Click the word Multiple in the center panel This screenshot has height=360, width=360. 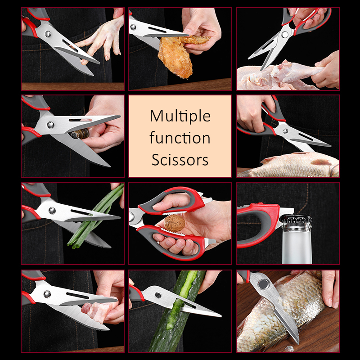[x=180, y=117]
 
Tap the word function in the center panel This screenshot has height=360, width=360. [x=180, y=138]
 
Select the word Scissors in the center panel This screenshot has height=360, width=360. [x=180, y=160]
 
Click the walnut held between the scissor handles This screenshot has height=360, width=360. [x=175, y=223]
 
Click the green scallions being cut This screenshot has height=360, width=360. [x=96, y=218]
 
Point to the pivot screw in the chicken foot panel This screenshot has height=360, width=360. [x=48, y=34]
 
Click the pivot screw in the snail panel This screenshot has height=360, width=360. [x=50, y=125]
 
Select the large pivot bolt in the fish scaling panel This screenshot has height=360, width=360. [x=263, y=284]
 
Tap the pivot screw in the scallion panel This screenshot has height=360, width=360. [x=52, y=210]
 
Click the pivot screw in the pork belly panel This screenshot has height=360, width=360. [x=47, y=294]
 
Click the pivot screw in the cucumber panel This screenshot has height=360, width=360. [x=158, y=295]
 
